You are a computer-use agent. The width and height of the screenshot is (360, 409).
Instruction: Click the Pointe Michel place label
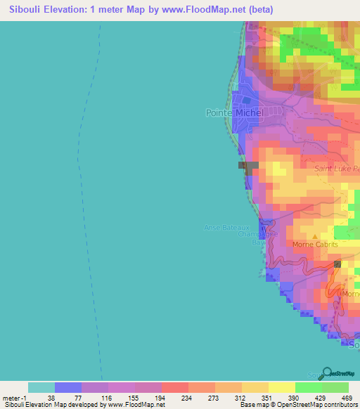point(234,112)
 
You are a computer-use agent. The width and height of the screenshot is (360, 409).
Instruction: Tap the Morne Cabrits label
point(314,245)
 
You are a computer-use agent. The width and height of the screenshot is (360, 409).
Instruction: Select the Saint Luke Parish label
point(337,169)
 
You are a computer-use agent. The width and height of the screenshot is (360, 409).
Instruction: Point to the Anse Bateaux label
point(226,227)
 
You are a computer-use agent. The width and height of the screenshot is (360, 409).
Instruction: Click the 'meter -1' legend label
point(13,397)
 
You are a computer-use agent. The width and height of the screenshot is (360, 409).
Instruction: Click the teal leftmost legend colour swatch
point(41,387)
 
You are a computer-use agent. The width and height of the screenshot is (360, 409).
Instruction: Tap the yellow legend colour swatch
point(281,387)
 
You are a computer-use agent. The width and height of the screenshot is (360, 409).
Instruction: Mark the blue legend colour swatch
point(68,387)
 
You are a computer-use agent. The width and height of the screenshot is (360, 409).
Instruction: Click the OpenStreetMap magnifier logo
point(326,374)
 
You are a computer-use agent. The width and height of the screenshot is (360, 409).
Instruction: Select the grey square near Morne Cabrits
point(338,264)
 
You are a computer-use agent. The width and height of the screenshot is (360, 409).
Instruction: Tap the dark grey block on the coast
point(248,166)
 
